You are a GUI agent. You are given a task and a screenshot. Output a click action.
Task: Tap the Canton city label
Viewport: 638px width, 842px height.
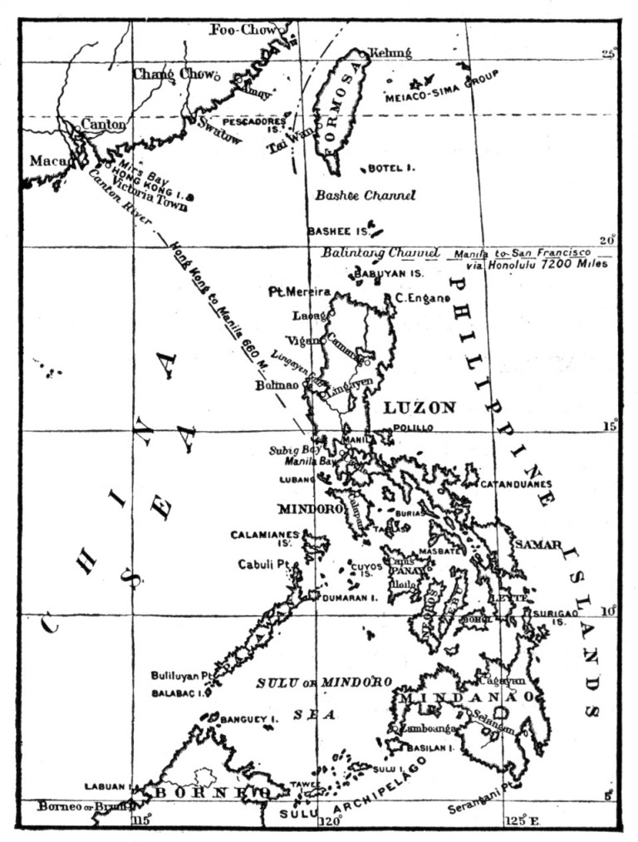(103, 125)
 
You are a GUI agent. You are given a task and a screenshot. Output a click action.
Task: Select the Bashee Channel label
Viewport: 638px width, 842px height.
(365, 196)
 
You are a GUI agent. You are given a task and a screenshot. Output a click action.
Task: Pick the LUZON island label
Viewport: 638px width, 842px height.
(420, 408)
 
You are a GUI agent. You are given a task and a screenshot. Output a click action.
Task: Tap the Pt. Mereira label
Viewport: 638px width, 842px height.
(300, 292)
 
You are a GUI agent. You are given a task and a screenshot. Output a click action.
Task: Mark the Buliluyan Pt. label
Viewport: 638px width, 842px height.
(183, 675)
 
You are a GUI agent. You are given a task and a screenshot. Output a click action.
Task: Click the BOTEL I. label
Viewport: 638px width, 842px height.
(391, 168)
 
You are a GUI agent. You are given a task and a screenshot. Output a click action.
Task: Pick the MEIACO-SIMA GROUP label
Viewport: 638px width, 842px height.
(440, 86)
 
